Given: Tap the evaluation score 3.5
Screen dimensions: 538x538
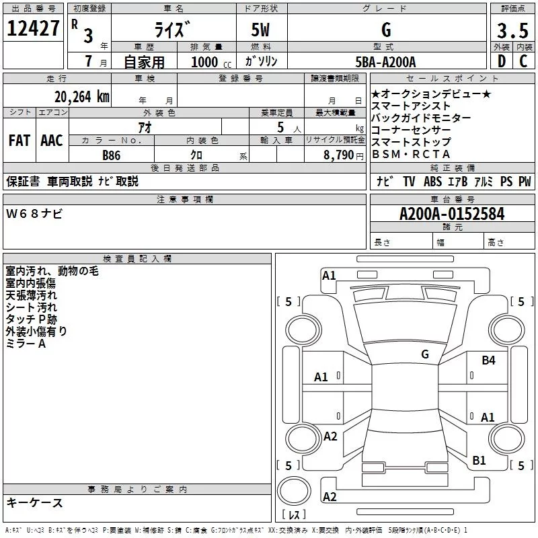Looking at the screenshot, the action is click(511, 31).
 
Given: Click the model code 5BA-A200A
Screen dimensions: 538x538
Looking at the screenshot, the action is click(385, 62).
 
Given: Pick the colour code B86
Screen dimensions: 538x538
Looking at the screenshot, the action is click(112, 155).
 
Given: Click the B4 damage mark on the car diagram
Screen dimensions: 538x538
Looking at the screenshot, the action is click(488, 361).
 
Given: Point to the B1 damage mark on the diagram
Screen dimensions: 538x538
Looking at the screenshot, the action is click(479, 461).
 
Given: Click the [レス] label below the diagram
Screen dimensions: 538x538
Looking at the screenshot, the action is click(295, 516).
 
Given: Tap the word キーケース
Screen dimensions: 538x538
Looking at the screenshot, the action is click(34, 503).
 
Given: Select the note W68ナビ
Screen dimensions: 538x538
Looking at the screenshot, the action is click(34, 214).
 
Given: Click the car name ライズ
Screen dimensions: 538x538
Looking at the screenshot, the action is click(171, 30).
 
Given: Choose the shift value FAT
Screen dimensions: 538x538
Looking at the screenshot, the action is click(20, 140).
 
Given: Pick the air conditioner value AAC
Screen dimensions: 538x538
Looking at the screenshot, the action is click(52, 140).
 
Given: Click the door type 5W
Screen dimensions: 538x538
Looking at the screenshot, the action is click(261, 31).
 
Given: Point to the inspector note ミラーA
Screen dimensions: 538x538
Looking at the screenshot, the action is click(26, 344).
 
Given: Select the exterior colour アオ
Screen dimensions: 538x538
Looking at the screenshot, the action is click(145, 127).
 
